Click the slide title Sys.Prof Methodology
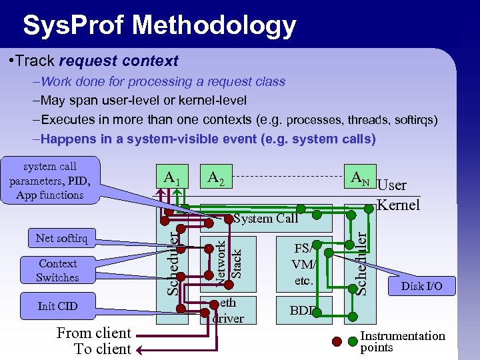coord(159,25)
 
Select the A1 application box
coord(172,178)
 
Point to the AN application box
coord(360,178)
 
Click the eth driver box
coord(227,309)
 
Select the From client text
coord(94,333)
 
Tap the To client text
coord(103,349)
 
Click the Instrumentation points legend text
coord(402,341)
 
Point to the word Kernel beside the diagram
coord(399,205)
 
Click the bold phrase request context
coord(119,61)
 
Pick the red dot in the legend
coord(338,343)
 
